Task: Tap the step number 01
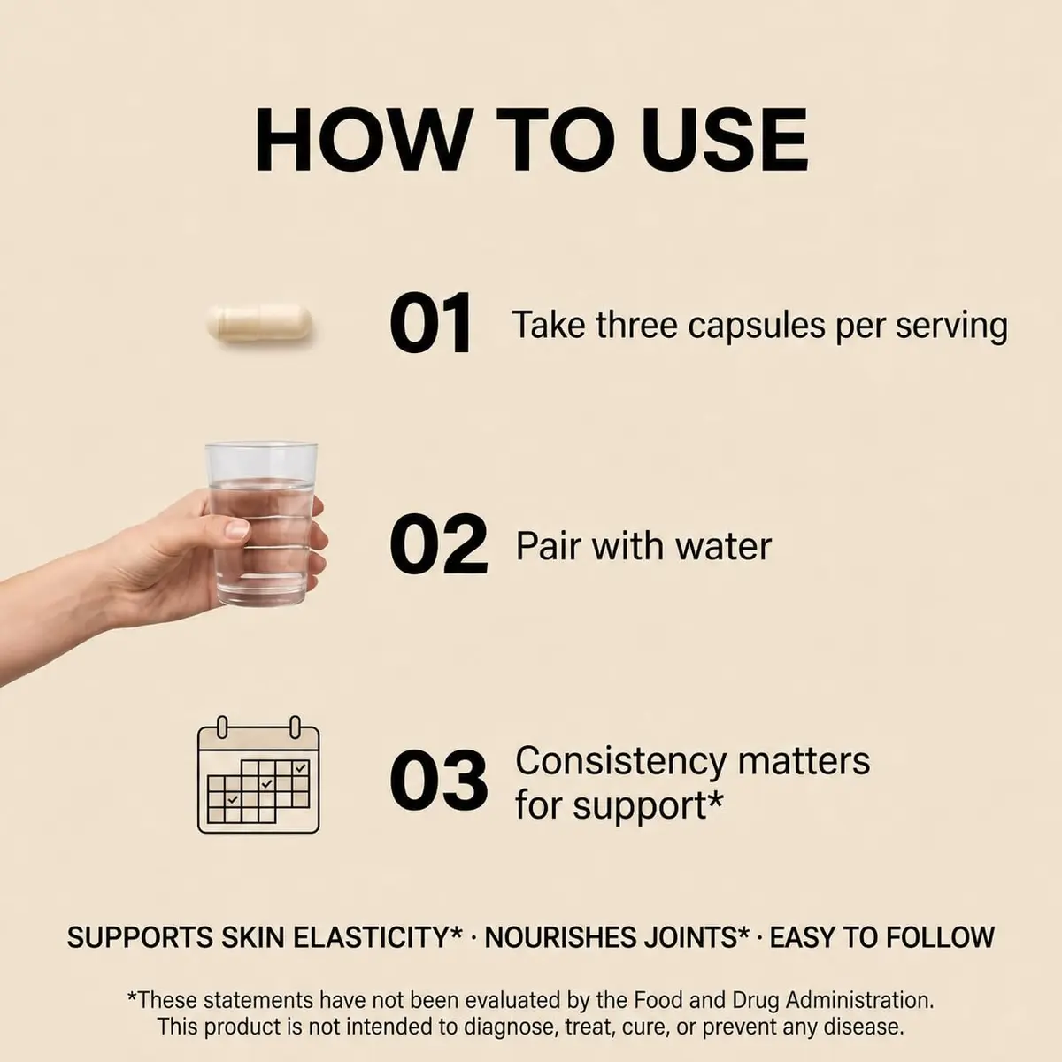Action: [x=430, y=324]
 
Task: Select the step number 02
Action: [x=438, y=544]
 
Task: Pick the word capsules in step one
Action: [x=756, y=327]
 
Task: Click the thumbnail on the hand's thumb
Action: [x=238, y=529]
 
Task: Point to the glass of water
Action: [x=261, y=524]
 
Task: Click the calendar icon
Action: [x=258, y=775]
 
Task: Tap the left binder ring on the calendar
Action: [x=221, y=727]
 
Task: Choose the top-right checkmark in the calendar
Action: [x=300, y=768]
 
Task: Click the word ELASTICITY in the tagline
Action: [x=378, y=937]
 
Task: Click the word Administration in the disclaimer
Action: [x=859, y=1000]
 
